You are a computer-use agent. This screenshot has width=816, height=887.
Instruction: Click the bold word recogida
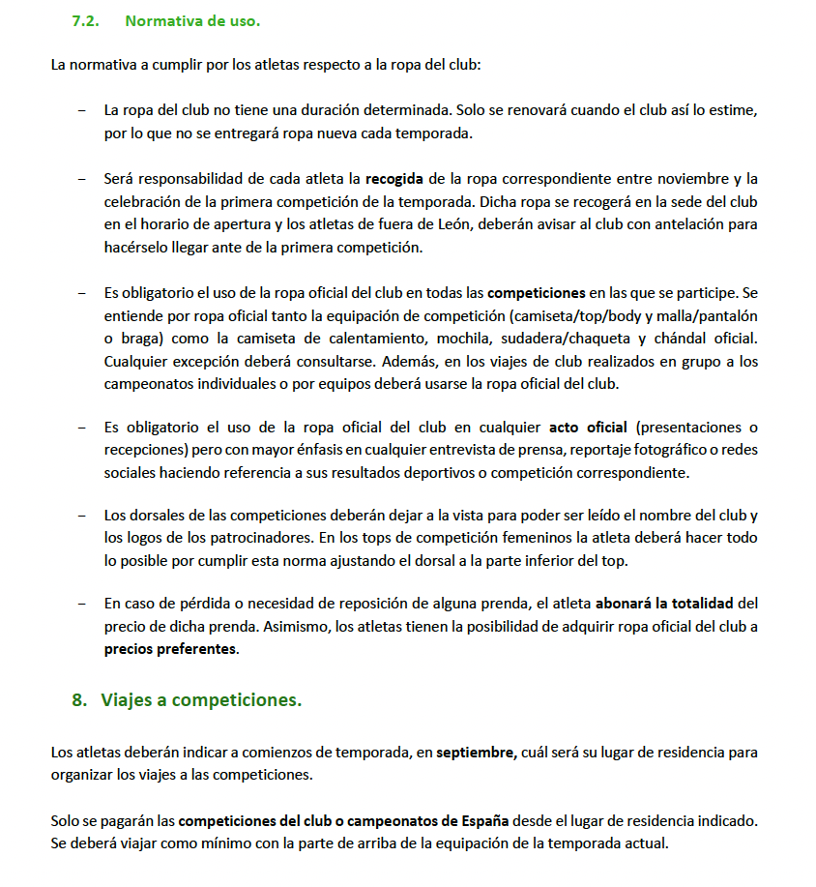pyautogui.click(x=394, y=178)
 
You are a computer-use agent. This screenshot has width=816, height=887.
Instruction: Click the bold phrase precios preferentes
pyautogui.click(x=169, y=650)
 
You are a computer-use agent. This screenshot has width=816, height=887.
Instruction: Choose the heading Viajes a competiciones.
pyautogui.click(x=201, y=700)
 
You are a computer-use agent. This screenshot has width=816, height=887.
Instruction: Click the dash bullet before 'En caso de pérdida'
pyautogui.click(x=81, y=604)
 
